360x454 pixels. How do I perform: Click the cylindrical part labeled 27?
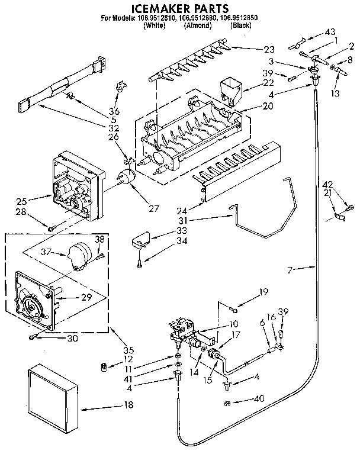(x=126, y=178)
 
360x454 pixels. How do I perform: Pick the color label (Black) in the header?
(x=242, y=26)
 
